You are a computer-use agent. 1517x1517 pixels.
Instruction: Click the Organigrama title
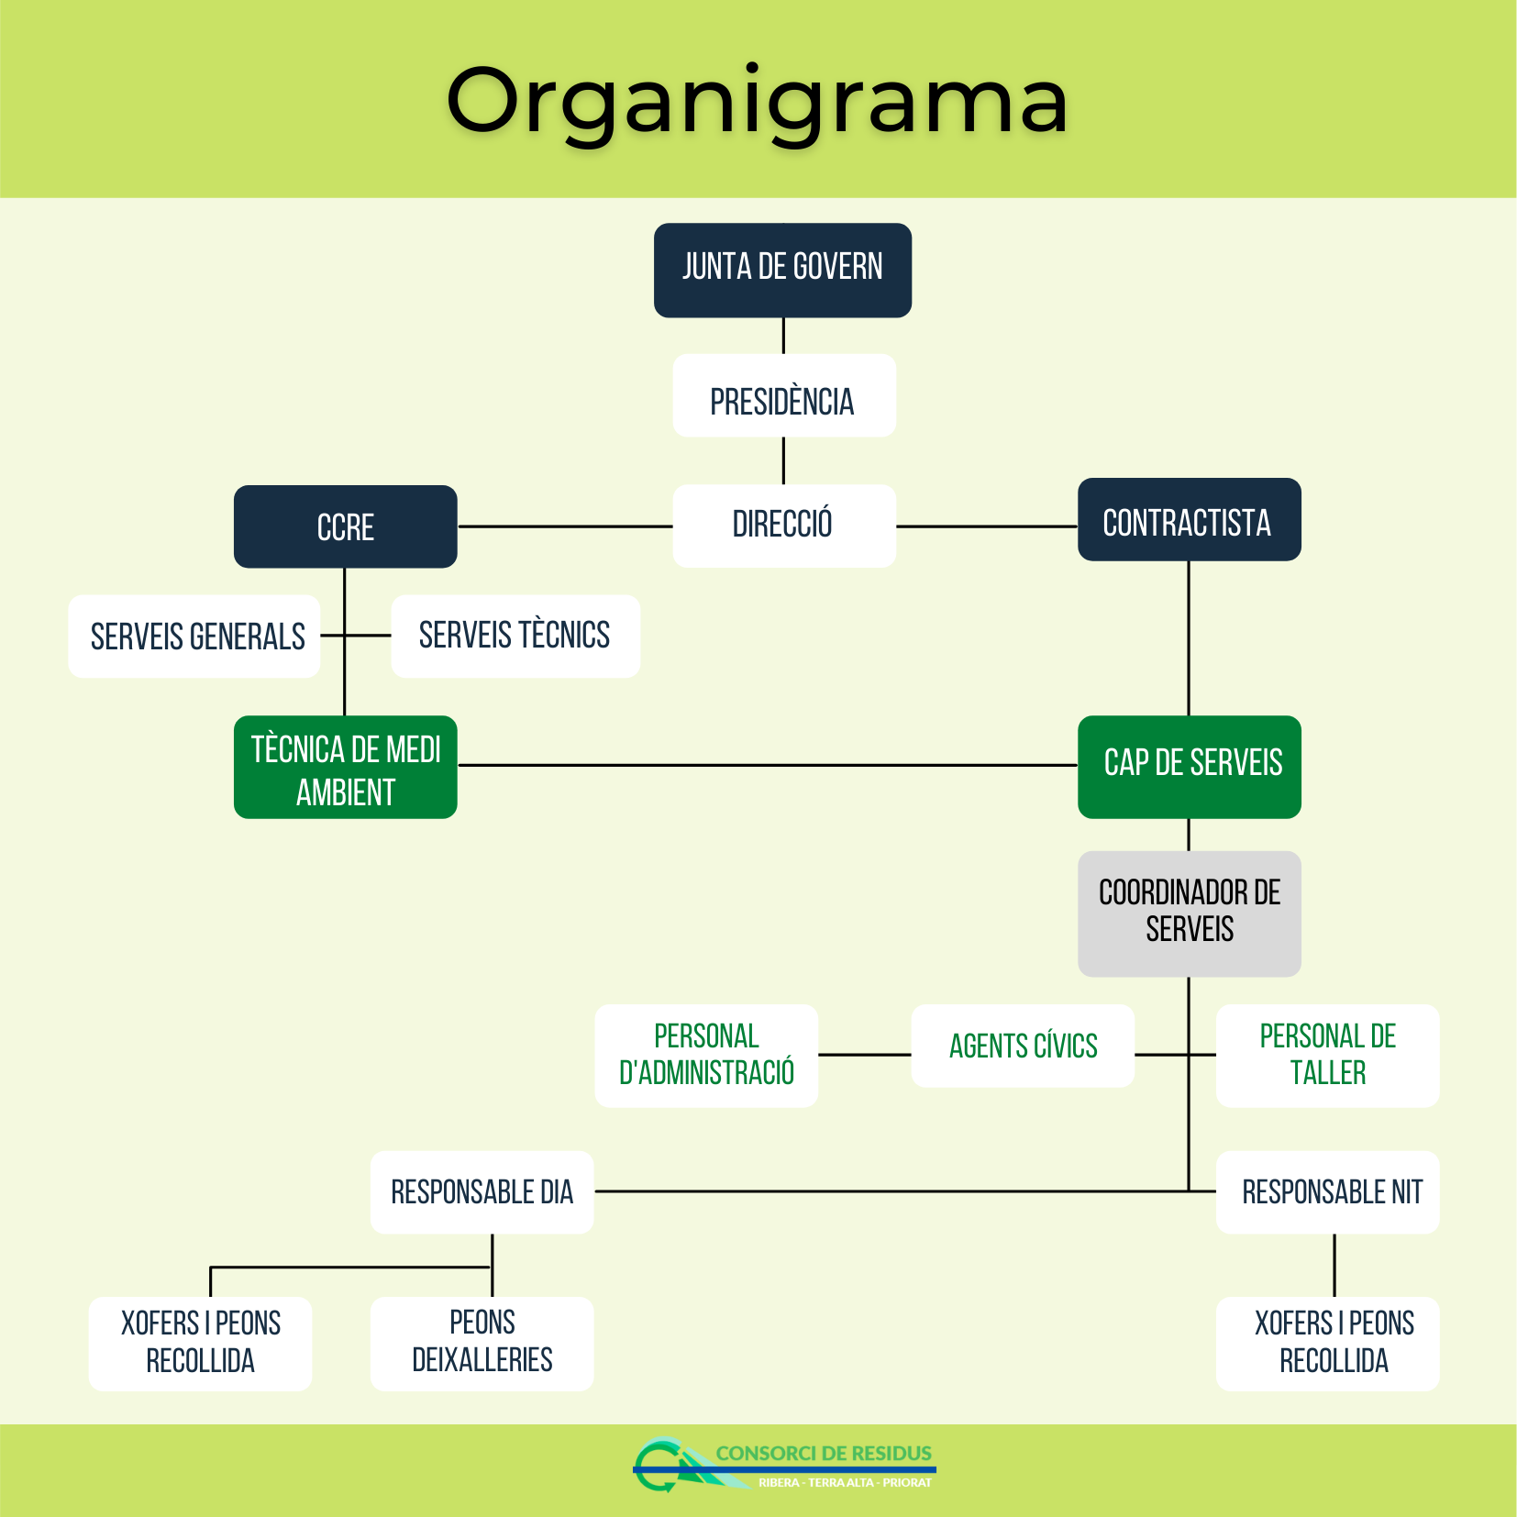point(758,101)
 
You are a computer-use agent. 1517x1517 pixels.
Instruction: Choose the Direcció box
point(783,526)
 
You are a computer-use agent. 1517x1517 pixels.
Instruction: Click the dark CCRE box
point(345,526)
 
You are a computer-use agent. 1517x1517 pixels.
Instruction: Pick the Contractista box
point(1189,520)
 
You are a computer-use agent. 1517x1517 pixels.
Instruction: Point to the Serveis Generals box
point(195,637)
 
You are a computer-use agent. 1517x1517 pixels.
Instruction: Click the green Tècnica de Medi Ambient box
point(346,767)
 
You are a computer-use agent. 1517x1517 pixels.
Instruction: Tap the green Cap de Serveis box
point(1189,767)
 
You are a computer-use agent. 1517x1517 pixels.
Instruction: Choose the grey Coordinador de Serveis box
point(1189,914)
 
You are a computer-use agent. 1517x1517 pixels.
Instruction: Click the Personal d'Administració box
point(706,1055)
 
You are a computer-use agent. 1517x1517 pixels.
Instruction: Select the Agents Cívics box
point(1023,1046)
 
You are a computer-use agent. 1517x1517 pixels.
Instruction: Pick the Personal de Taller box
point(1327,1055)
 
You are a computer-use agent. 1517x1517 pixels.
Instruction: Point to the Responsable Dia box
point(482,1192)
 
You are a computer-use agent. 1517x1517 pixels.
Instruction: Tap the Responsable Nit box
point(1327,1192)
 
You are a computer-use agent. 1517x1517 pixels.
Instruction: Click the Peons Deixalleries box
point(482,1343)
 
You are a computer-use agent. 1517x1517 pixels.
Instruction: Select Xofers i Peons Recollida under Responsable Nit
point(1327,1343)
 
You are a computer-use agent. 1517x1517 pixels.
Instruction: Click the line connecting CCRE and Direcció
point(565,526)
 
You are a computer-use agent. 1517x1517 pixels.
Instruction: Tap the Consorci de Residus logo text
point(823,1454)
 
